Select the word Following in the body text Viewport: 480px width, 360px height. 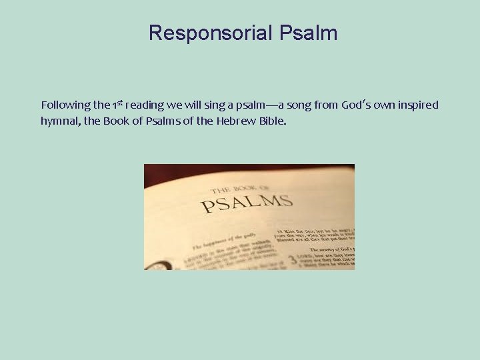(65, 105)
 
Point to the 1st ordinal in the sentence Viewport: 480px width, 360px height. (117, 105)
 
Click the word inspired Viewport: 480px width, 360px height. (417, 105)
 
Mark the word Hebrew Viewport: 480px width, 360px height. (236, 123)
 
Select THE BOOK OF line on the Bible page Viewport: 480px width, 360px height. (241, 189)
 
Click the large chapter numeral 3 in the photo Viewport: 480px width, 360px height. (292, 259)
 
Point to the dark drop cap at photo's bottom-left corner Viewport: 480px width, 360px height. (155, 265)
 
